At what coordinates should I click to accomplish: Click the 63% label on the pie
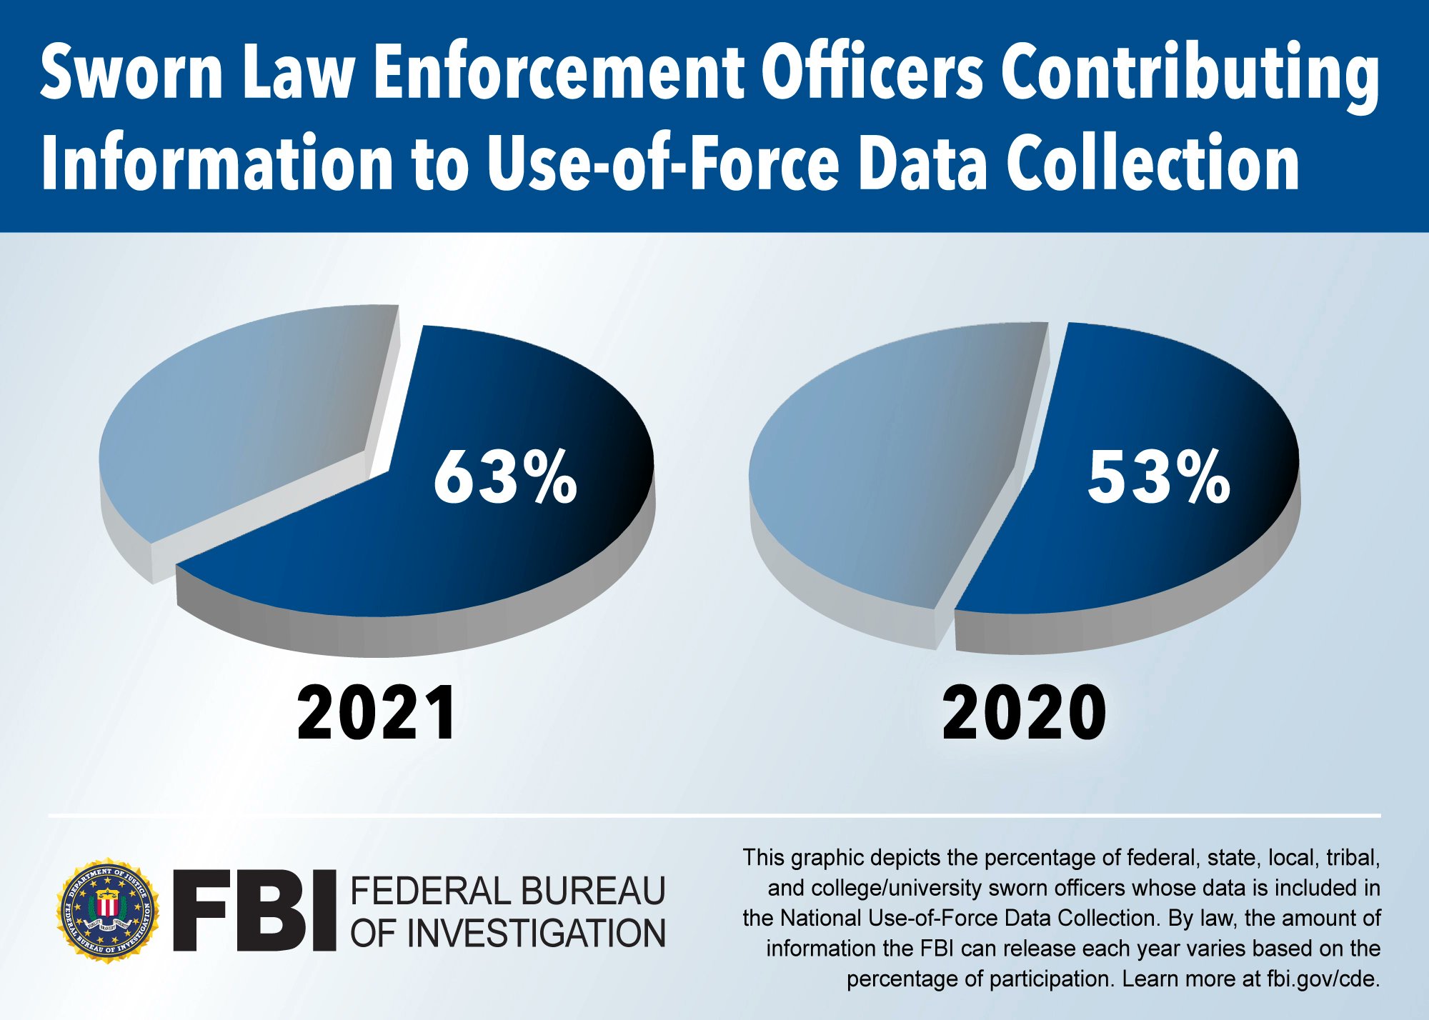[x=505, y=477]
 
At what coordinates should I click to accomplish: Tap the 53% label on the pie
[x=1158, y=477]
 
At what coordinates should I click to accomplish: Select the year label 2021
[x=377, y=713]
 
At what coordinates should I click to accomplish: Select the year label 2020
[x=1025, y=713]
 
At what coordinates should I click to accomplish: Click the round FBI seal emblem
[x=108, y=910]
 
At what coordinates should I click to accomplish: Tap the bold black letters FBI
[x=254, y=910]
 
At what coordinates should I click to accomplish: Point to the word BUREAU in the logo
[x=592, y=891]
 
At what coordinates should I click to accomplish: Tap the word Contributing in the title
[x=1190, y=73]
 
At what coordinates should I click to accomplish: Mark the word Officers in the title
[x=872, y=73]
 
